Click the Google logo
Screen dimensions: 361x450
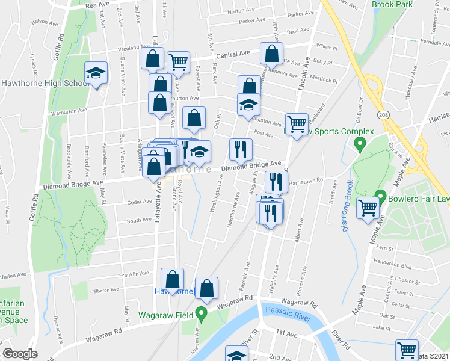(20, 354)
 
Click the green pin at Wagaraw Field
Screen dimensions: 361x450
(203, 313)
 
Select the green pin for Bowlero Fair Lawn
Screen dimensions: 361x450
(380, 196)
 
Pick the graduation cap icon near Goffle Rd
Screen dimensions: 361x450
(96, 73)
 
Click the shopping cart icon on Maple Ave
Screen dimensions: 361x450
(368, 209)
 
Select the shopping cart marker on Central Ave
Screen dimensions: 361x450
(178, 62)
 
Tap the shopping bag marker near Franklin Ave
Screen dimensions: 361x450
(172, 279)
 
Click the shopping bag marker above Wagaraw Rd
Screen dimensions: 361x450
(206, 289)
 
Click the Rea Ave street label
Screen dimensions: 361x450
(97, 4)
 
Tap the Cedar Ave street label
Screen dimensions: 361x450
(139, 202)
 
